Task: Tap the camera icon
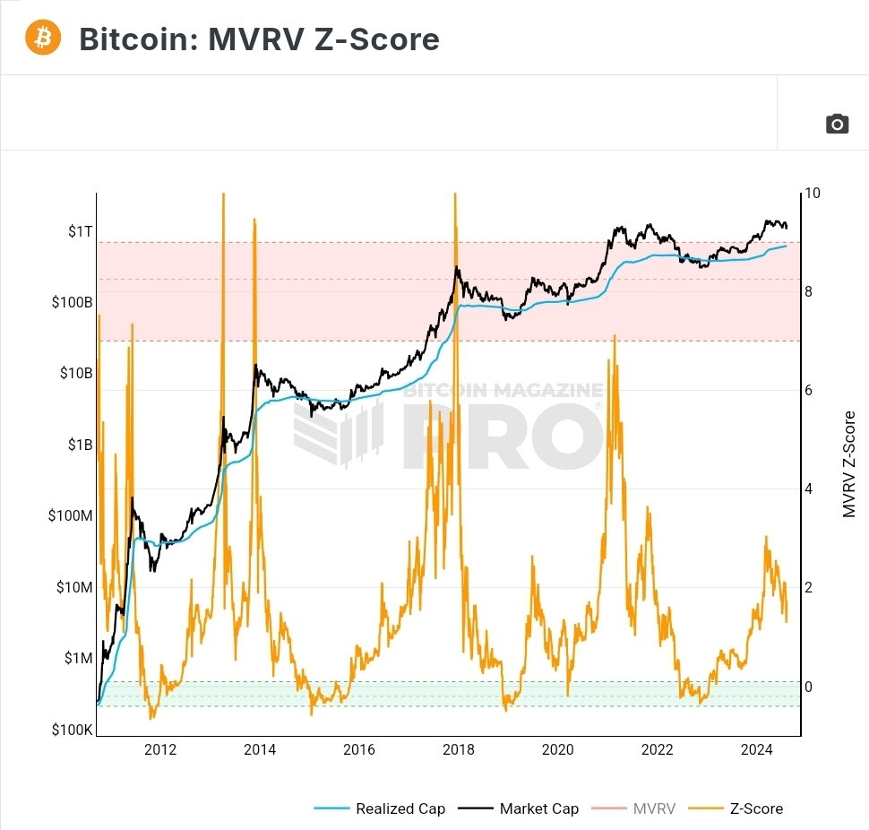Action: point(837,124)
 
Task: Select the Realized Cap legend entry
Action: point(400,808)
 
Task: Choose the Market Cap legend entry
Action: point(538,808)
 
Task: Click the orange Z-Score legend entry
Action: point(754,808)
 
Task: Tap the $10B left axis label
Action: point(76,373)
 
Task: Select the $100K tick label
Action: point(73,730)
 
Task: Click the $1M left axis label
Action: point(78,658)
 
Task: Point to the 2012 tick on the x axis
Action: point(160,749)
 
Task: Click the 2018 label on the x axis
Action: point(459,749)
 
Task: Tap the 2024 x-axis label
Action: point(757,749)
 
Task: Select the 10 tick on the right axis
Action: point(813,194)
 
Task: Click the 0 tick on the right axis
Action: point(809,687)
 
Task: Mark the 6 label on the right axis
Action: point(809,391)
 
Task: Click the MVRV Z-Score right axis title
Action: point(849,464)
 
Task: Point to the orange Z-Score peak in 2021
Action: point(614,336)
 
